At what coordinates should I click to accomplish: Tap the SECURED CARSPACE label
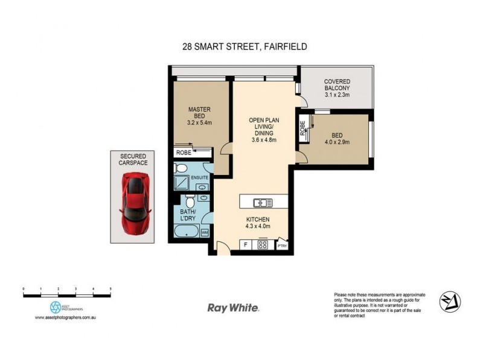click(x=132, y=159)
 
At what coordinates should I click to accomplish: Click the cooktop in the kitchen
click(x=263, y=245)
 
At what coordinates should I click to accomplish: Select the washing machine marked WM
click(x=205, y=232)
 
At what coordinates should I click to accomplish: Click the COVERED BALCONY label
click(x=337, y=84)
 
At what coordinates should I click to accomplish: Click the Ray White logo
click(x=233, y=308)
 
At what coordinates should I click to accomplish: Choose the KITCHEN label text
click(x=257, y=219)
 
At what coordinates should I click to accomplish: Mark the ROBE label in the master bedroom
click(x=182, y=153)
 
